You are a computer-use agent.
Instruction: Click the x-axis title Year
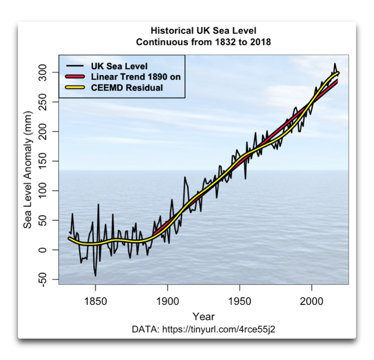[203, 317]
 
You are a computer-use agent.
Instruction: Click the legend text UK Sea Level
[119, 66]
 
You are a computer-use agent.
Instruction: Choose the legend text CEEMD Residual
[127, 88]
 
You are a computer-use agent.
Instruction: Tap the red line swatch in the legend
[74, 77]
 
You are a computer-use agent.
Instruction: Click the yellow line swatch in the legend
[74, 88]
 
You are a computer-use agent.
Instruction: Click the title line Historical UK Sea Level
[203, 31]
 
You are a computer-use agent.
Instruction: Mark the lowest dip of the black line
[95, 276]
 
